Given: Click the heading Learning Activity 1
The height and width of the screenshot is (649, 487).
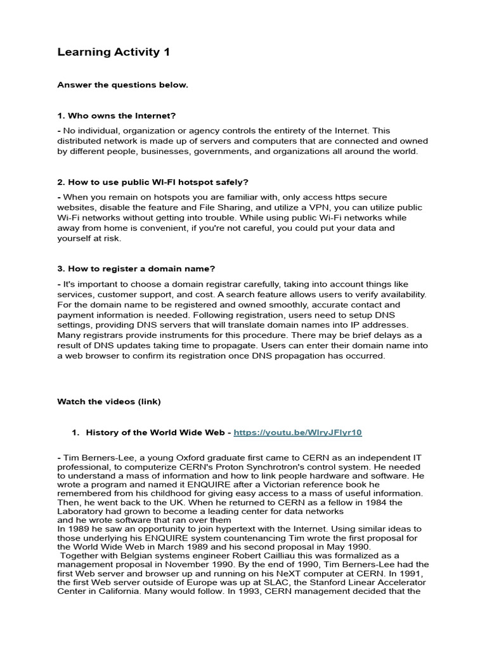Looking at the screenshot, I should (x=114, y=52).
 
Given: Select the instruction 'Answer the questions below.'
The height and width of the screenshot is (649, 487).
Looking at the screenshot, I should (x=122, y=85).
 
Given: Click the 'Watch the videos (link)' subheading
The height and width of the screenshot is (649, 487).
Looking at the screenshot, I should (x=109, y=401).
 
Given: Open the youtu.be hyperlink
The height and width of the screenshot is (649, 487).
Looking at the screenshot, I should (x=297, y=432).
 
